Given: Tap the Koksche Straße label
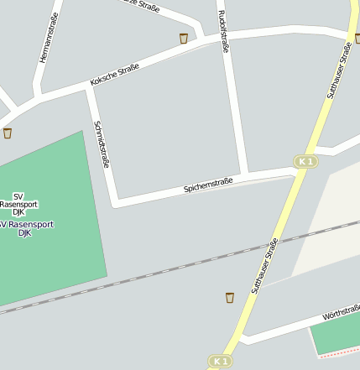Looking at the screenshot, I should [114, 76].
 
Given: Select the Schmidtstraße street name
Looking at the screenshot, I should [102, 143].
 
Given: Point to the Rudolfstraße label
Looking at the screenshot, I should [223, 31].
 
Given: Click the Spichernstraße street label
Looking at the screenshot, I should [207, 184].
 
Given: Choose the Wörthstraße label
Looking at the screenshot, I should [340, 313].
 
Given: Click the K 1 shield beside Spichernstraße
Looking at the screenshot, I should [305, 161].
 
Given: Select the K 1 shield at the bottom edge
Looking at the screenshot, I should [220, 361].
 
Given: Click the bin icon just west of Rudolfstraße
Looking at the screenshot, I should [184, 38].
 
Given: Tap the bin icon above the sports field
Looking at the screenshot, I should [8, 133].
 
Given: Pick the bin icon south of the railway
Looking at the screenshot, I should [229, 297].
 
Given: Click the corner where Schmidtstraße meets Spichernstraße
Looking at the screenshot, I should [116, 202].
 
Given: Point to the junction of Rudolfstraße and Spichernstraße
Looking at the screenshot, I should [243, 177].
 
